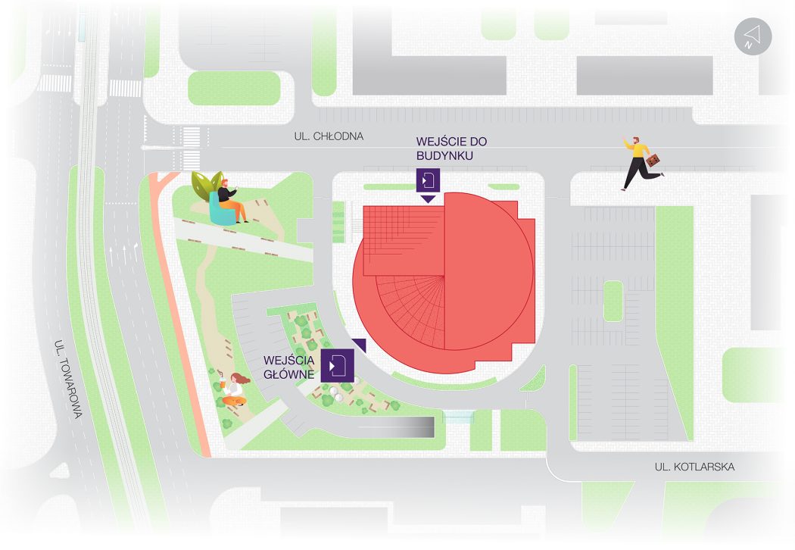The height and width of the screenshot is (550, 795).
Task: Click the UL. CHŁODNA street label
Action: (329, 136)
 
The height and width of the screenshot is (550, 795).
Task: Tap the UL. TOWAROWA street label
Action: (68, 379)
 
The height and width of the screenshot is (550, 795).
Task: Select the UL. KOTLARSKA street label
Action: (694, 467)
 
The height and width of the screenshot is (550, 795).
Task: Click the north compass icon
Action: (753, 36)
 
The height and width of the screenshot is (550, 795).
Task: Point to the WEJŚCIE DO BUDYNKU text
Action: (451, 148)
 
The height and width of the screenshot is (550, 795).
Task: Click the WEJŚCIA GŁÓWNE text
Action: (289, 367)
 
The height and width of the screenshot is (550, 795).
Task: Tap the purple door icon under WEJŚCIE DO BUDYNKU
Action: (428, 180)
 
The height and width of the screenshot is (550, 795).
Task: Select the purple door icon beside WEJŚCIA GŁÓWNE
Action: (337, 365)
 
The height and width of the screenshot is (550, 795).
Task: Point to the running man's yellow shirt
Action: (638, 149)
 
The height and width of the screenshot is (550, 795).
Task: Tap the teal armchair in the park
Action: (222, 210)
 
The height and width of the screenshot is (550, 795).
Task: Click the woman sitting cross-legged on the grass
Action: (235, 389)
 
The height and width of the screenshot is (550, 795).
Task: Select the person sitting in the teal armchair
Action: (231, 201)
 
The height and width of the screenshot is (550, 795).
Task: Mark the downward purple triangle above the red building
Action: (428, 199)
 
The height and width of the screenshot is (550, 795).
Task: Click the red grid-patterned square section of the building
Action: (404, 240)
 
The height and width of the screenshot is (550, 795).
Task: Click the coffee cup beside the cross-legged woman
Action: (223, 385)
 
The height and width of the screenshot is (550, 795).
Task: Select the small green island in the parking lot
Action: (613, 301)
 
